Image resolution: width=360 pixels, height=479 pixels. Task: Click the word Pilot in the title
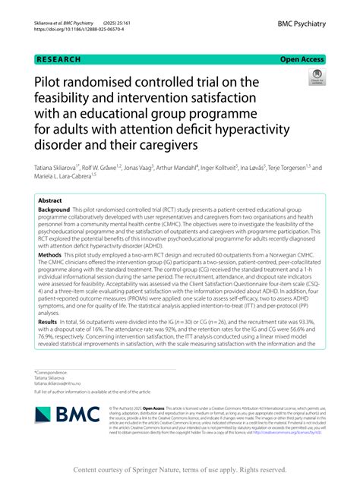tap(51, 82)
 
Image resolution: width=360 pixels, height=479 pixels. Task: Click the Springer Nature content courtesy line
tap(180, 468)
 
